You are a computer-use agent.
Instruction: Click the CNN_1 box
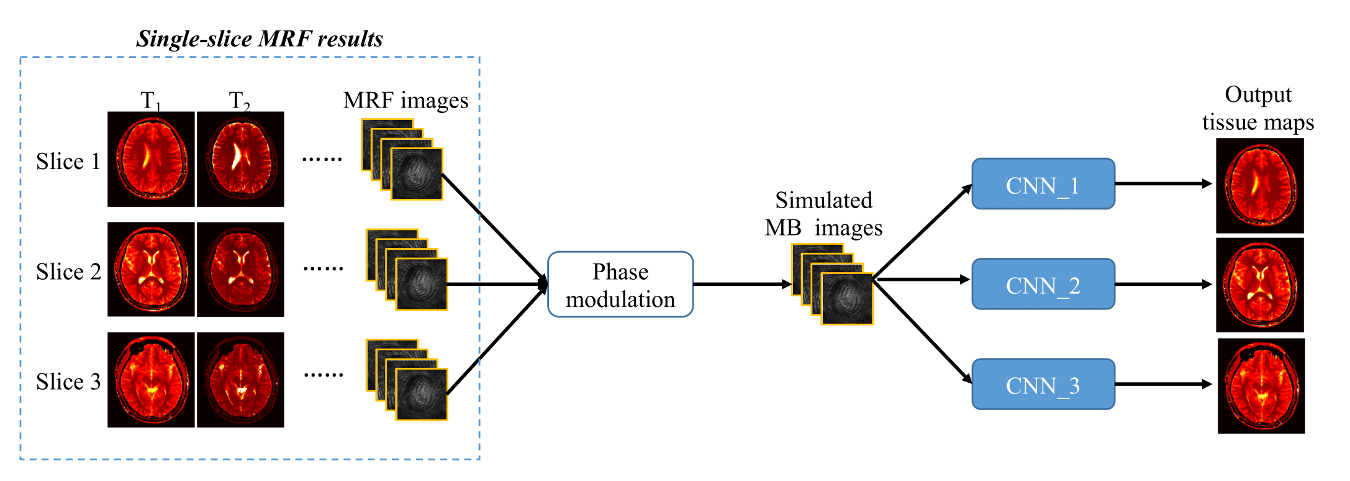pyautogui.click(x=1043, y=184)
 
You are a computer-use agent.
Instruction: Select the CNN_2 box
pyautogui.click(x=1043, y=284)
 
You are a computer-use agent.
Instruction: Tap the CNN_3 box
pyautogui.click(x=1043, y=384)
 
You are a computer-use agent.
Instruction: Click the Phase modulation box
pyautogui.click(x=620, y=285)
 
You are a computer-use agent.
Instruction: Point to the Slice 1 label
pyautogui.click(x=68, y=162)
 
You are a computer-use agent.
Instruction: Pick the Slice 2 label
pyautogui.click(x=68, y=272)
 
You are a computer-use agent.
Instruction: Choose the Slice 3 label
pyautogui.click(x=68, y=382)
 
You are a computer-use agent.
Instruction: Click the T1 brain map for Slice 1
pyautogui.click(x=151, y=159)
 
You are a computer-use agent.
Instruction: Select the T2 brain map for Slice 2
pyautogui.click(x=240, y=269)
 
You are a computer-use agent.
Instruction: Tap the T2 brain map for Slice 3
pyautogui.click(x=240, y=380)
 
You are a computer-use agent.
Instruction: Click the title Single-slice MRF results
pyautogui.click(x=259, y=39)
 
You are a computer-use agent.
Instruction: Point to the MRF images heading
pyautogui.click(x=405, y=100)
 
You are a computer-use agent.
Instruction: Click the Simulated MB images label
pyautogui.click(x=823, y=214)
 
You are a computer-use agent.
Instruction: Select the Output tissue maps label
pyautogui.click(x=1258, y=108)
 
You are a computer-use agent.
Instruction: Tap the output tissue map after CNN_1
pyautogui.click(x=1259, y=185)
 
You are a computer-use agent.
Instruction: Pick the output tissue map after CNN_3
pyautogui.click(x=1261, y=386)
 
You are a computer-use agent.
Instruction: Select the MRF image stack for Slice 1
pyautogui.click(x=402, y=160)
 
